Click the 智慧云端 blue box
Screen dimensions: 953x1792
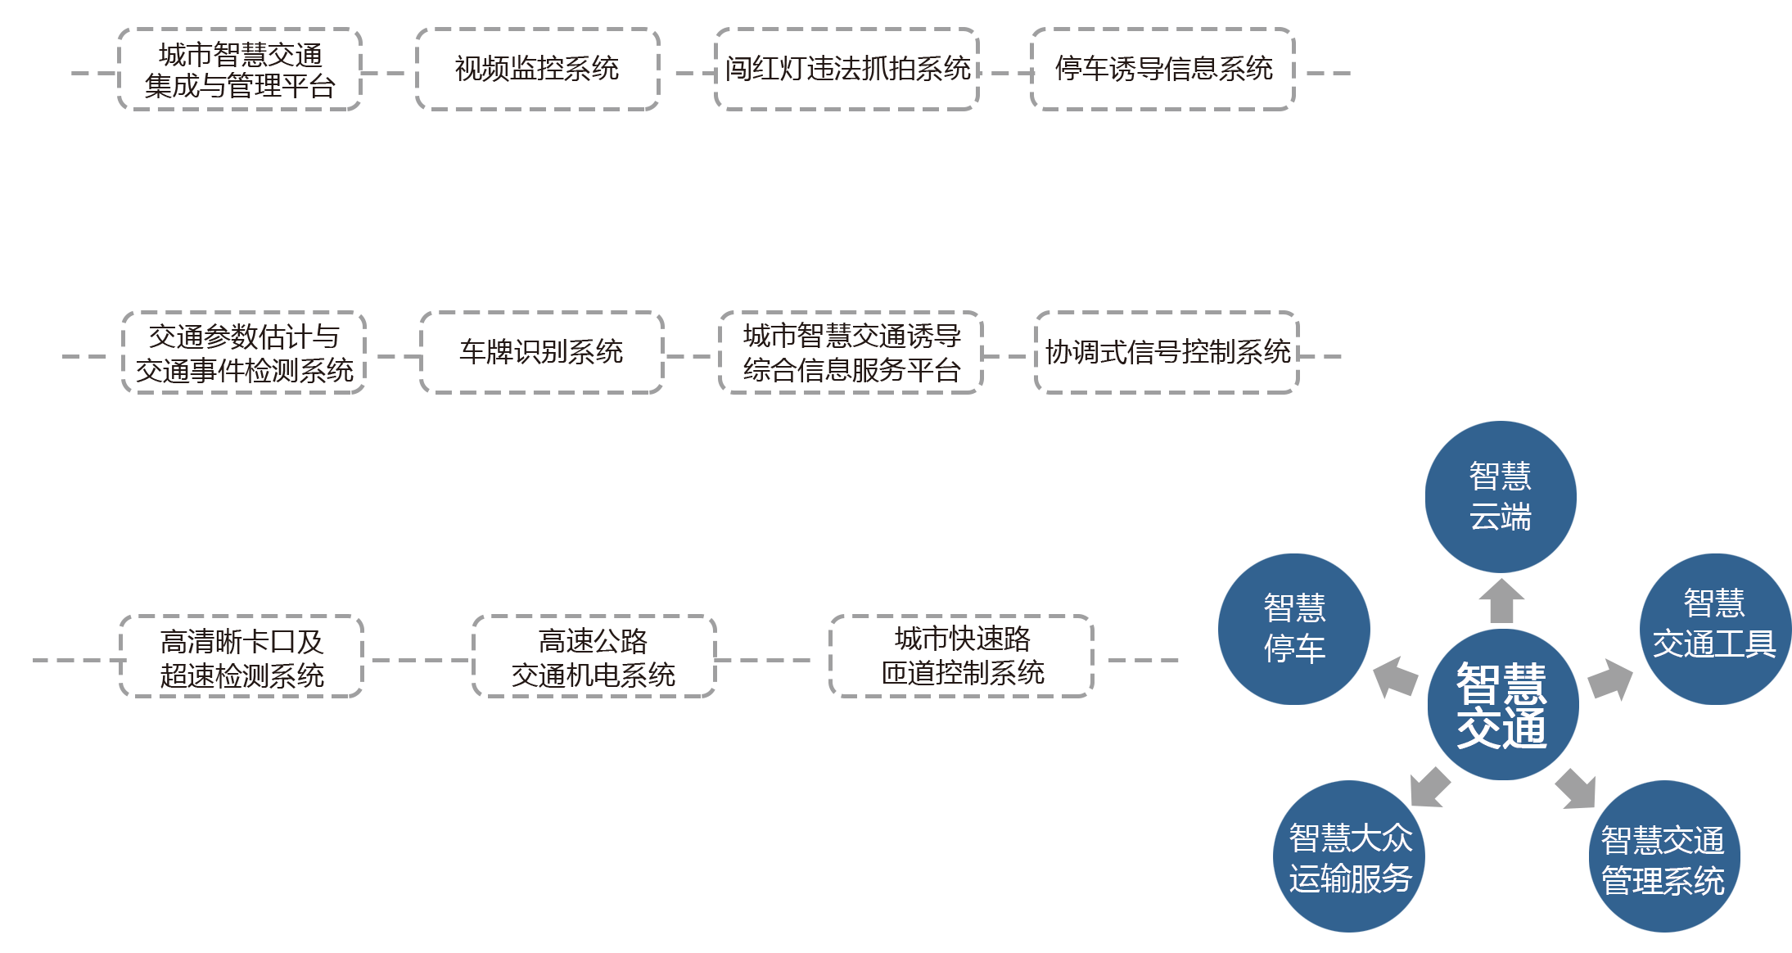click(1500, 496)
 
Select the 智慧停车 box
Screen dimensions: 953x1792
click(1293, 629)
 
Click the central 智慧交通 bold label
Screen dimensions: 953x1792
click(1502, 705)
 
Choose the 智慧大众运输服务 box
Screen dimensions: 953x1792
click(1349, 856)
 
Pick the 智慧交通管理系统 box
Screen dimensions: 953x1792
click(1664, 856)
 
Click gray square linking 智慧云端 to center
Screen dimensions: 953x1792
click(1501, 600)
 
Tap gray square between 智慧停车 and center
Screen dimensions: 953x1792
click(1395, 677)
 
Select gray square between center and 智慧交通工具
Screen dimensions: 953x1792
click(1609, 680)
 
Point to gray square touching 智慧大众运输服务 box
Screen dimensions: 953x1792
click(1431, 787)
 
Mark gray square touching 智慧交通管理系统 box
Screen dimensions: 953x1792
click(1575, 788)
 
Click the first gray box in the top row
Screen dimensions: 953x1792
click(239, 69)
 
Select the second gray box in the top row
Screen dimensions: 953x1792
click(538, 69)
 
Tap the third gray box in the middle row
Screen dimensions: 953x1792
click(850, 352)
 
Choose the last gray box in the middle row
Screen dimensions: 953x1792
click(1166, 352)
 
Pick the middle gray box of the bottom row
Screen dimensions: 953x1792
click(594, 656)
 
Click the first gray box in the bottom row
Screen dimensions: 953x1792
click(241, 656)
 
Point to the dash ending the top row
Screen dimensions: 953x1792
click(1328, 73)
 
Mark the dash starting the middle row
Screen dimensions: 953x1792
click(84, 356)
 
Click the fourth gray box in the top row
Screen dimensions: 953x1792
click(1162, 69)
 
